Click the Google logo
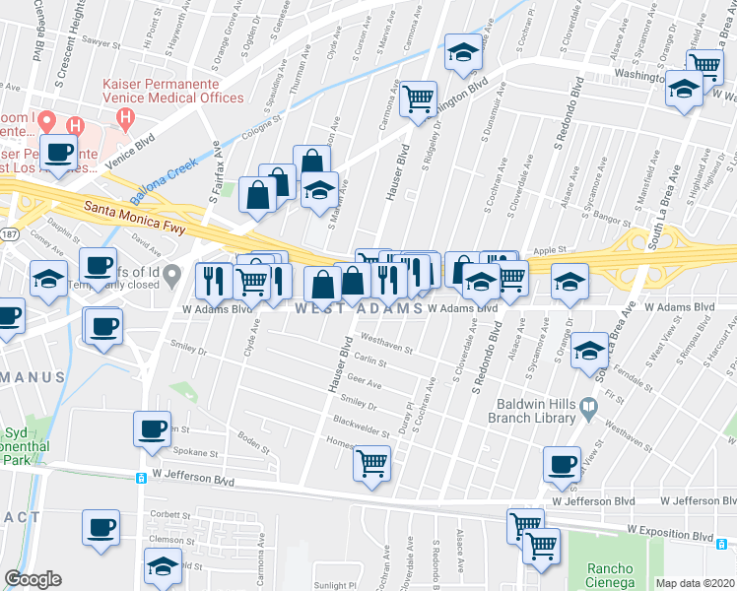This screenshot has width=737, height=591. point(33,579)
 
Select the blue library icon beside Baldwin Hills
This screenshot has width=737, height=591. point(588,406)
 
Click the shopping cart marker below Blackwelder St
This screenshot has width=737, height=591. point(372,462)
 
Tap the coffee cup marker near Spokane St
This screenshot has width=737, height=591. point(152,429)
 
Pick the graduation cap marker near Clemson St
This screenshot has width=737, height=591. point(164,565)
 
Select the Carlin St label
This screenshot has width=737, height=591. point(368,362)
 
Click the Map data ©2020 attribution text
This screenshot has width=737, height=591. point(695,583)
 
